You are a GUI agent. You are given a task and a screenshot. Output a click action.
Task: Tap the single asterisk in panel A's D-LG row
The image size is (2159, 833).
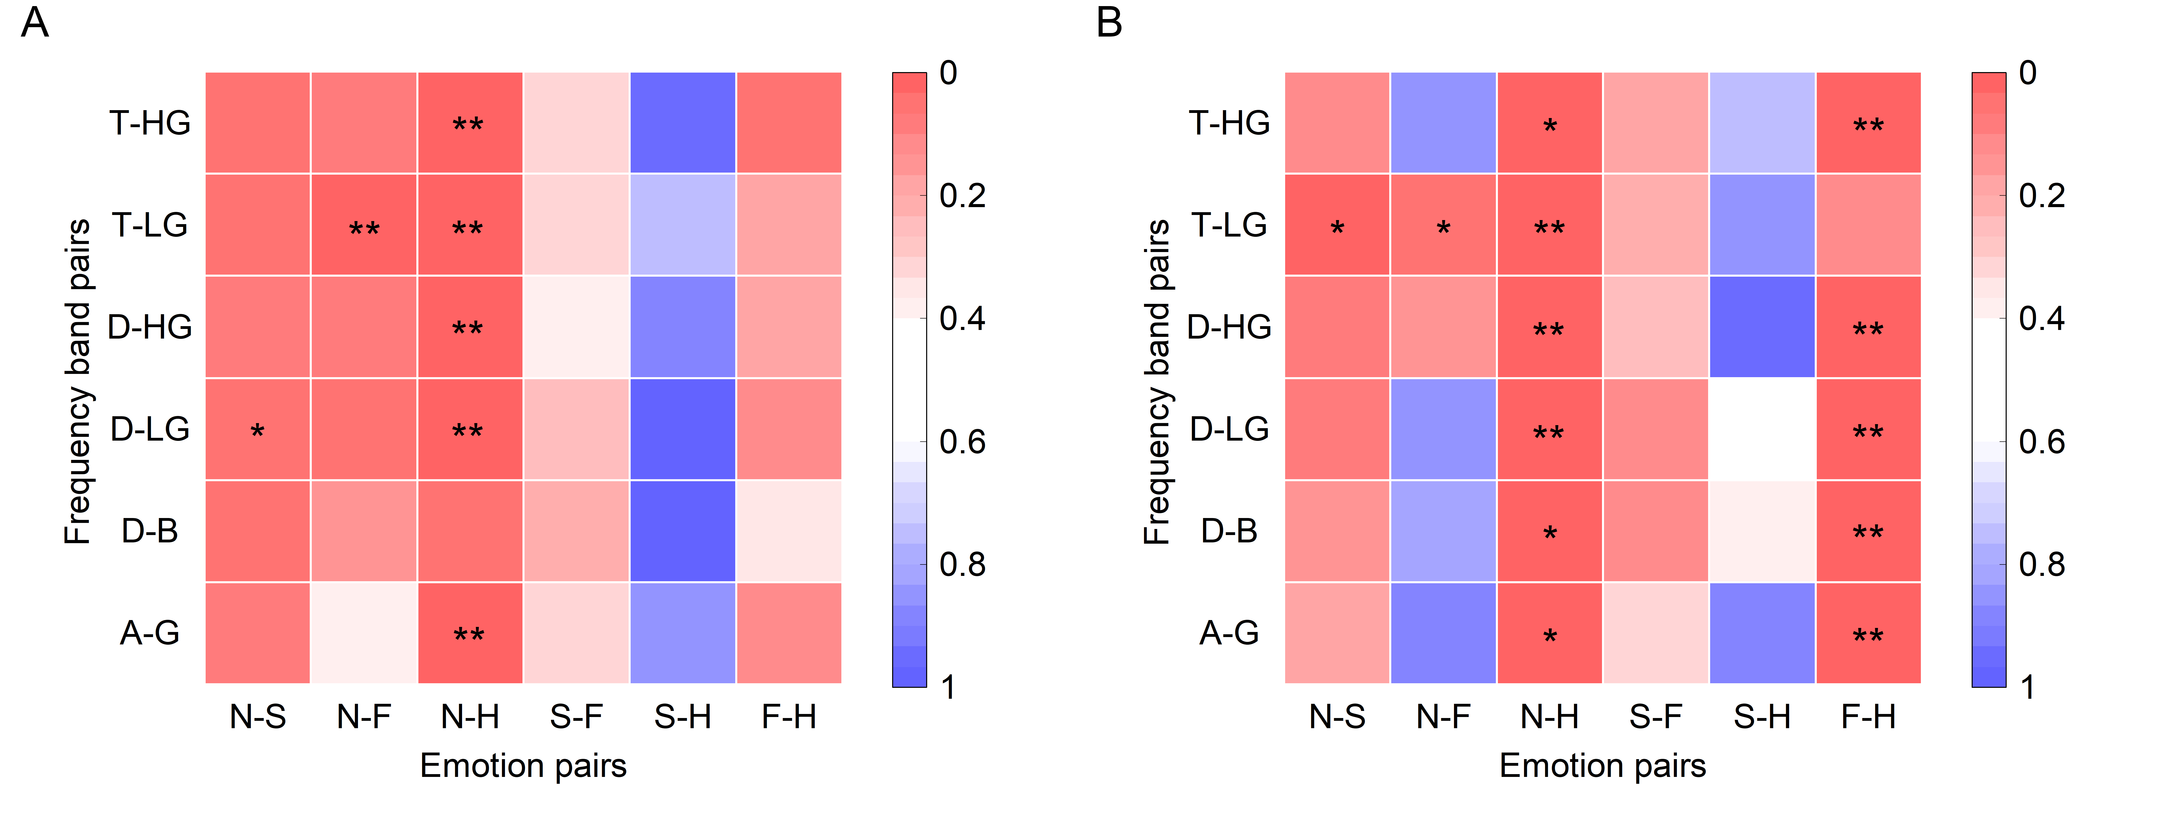(257, 431)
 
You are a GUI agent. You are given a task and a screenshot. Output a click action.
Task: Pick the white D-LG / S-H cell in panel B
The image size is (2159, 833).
(1762, 429)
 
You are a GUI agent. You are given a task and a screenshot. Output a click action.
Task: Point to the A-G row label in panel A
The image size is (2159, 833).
(150, 633)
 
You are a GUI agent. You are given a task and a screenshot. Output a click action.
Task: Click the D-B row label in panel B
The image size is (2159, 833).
(1230, 530)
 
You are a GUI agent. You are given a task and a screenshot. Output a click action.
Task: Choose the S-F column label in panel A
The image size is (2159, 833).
(577, 717)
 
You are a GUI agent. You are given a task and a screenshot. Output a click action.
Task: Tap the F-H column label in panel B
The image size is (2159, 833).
(1868, 717)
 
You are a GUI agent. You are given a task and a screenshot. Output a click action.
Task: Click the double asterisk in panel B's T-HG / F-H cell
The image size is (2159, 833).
(1868, 126)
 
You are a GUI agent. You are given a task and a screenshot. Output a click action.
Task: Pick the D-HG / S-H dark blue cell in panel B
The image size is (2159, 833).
(1762, 327)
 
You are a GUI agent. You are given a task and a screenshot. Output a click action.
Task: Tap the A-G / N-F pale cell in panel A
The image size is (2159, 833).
(364, 633)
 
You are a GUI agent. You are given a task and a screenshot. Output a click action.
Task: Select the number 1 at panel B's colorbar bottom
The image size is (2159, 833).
(2027, 687)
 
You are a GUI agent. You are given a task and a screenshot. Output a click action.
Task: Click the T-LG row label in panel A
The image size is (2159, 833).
(150, 225)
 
